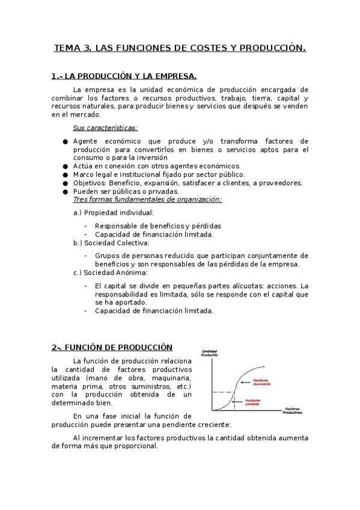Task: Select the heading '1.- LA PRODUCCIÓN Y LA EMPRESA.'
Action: (x=124, y=76)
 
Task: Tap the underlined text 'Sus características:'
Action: (x=105, y=127)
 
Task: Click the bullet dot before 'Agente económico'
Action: (x=65, y=141)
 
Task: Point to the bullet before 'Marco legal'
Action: (x=65, y=175)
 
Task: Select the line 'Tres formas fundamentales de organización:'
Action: (x=147, y=200)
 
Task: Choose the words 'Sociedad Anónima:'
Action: (x=115, y=272)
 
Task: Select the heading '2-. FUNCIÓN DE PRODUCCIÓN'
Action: (x=112, y=348)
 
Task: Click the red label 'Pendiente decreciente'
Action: (x=261, y=381)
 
